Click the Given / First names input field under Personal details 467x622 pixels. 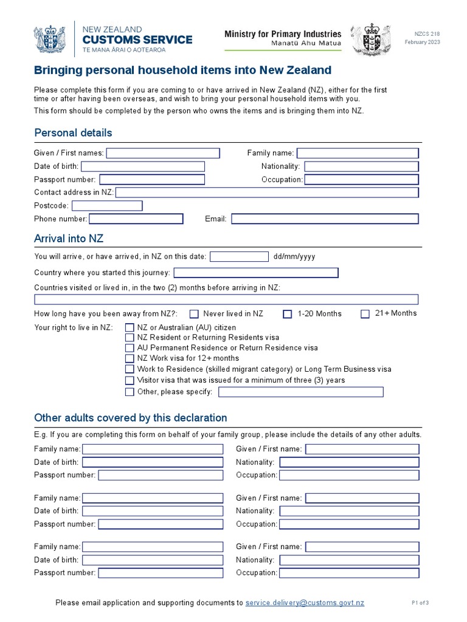(163, 153)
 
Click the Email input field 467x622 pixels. (325, 219)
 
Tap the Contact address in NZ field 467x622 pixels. (267, 193)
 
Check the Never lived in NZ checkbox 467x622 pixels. (194, 314)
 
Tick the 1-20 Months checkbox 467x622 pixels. (288, 314)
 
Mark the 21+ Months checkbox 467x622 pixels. (365, 314)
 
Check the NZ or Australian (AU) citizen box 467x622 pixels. (130, 327)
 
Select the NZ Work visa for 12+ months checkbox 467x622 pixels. (130, 358)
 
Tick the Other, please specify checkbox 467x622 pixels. (130, 392)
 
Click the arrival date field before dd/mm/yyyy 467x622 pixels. (239, 256)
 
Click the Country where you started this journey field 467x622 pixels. (256, 273)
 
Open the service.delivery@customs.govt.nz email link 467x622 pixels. (305, 603)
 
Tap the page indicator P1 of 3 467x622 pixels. (420, 603)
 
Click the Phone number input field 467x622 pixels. (136, 219)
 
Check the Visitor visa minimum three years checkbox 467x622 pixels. (130, 380)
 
